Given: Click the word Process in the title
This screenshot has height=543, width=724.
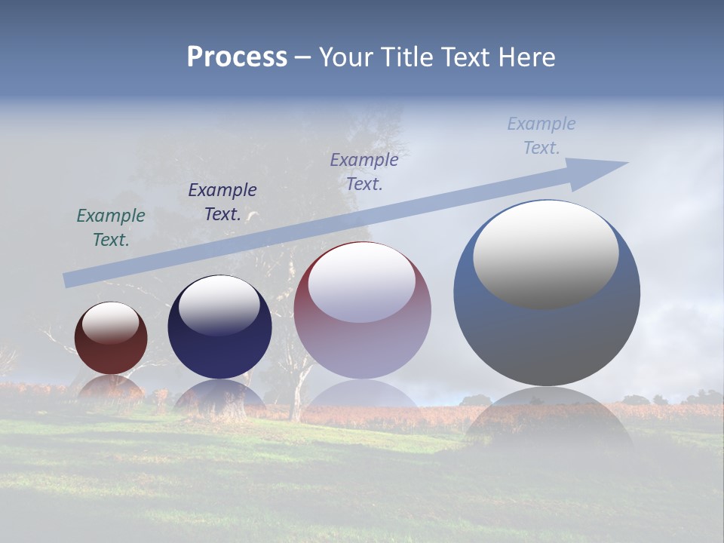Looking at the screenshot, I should [237, 57].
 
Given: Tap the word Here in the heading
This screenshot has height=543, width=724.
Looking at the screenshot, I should [526, 57].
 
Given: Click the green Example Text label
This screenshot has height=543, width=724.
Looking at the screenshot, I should [111, 228].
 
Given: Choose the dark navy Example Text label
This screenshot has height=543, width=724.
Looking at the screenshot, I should [222, 202].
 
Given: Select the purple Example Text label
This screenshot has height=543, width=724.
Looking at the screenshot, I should [364, 172].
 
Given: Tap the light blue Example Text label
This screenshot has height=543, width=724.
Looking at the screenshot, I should [541, 136].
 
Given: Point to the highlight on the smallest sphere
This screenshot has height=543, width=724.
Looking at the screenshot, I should [110, 324].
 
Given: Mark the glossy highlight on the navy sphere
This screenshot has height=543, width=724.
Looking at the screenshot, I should [219, 305].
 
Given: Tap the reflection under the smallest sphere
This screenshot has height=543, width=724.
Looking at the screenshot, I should [111, 388].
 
